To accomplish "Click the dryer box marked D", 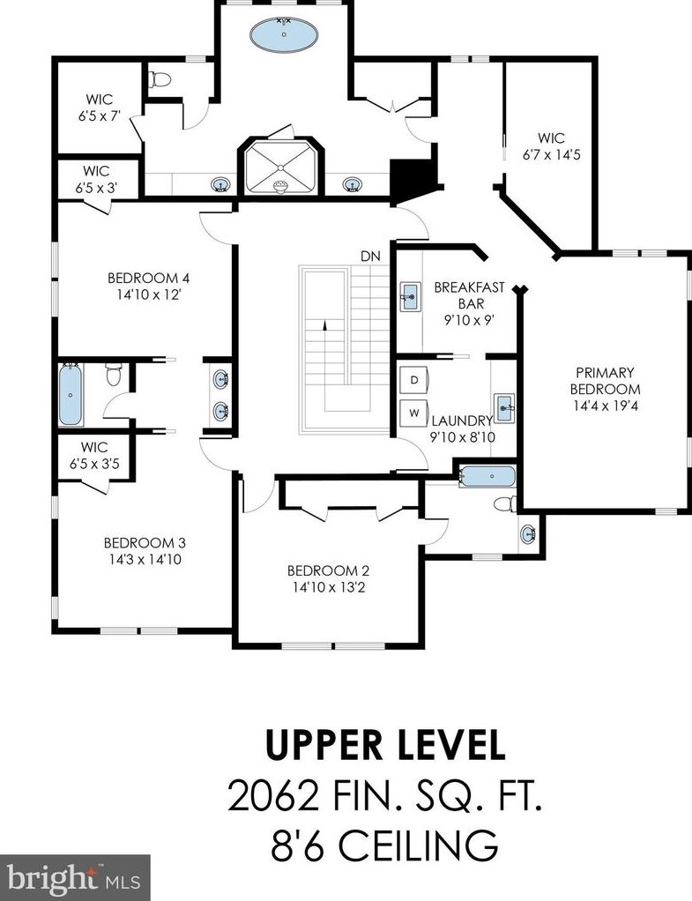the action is point(414,379).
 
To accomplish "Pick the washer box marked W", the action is point(414,413).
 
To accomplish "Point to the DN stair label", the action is point(371,257).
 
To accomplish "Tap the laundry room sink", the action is point(504,408).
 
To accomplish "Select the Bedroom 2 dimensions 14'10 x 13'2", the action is point(328,587).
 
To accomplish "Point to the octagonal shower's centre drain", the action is point(281,168).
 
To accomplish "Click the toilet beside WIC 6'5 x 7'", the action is point(160,78).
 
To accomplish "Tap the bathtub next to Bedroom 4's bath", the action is point(71,395).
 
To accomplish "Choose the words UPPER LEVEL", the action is point(385,744).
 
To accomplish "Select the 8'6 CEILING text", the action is point(384,844).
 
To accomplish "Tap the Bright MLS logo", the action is point(75,877).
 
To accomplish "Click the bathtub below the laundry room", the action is point(488,476).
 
